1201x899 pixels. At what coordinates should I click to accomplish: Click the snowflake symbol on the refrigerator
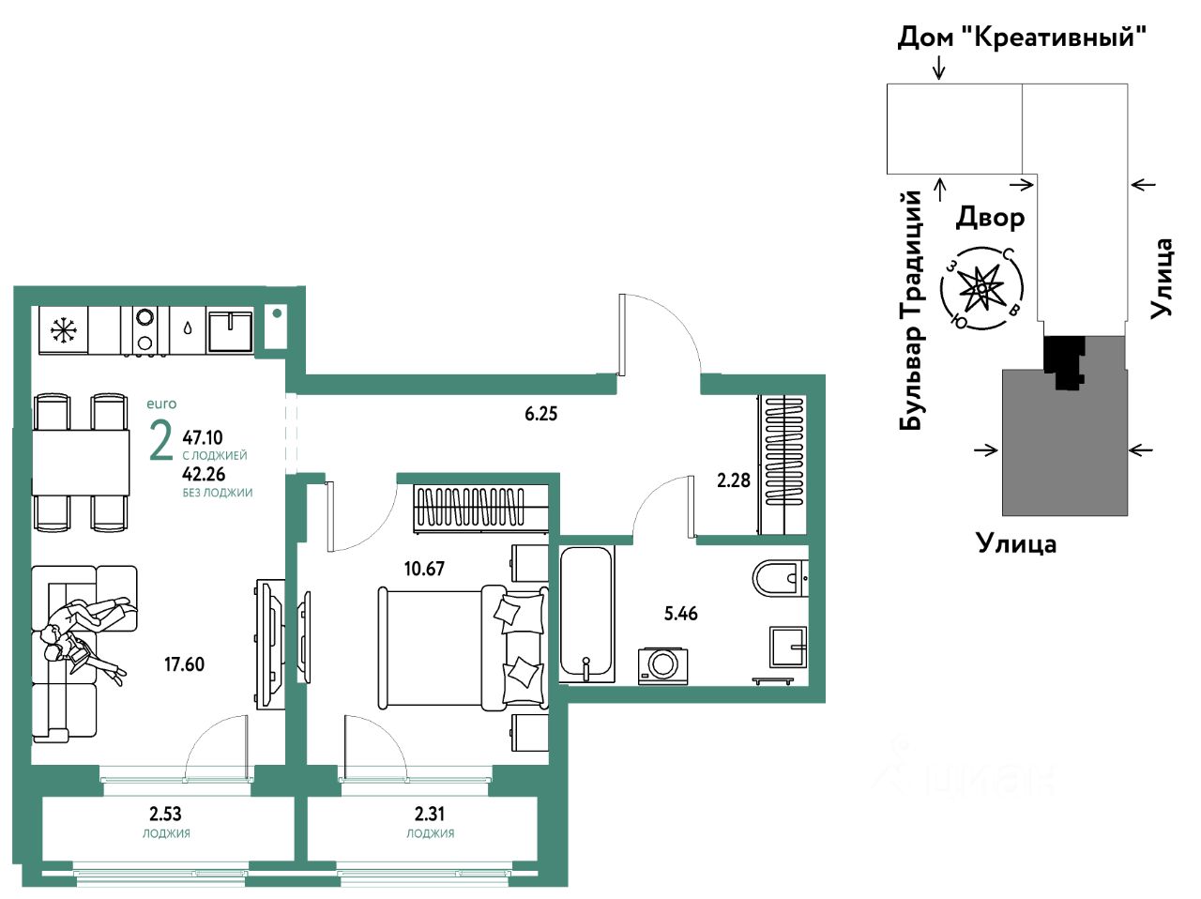[64, 330]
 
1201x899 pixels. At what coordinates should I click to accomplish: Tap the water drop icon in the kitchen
[188, 328]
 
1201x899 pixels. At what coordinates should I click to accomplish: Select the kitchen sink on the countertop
[230, 331]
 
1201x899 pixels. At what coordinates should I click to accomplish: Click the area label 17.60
[185, 664]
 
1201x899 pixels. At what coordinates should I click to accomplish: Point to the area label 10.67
[424, 569]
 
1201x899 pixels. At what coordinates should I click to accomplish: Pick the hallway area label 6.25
[540, 414]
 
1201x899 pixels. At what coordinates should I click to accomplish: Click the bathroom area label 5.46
[680, 614]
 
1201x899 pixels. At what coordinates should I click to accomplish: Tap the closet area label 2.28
[733, 480]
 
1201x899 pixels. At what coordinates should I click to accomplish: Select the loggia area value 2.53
[165, 814]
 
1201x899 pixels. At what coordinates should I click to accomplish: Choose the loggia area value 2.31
[429, 814]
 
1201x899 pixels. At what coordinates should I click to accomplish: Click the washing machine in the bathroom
[662, 665]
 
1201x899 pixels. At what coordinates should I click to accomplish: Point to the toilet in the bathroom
[780, 578]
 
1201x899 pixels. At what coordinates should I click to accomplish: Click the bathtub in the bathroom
[586, 614]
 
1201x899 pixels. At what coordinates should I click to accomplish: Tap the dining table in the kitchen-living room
[81, 463]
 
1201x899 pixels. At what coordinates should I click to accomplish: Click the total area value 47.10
[203, 437]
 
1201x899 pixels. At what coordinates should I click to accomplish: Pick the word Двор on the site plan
[990, 217]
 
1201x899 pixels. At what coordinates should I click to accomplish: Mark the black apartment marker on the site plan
[1064, 363]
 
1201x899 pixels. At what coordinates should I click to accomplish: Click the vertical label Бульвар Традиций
[911, 310]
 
